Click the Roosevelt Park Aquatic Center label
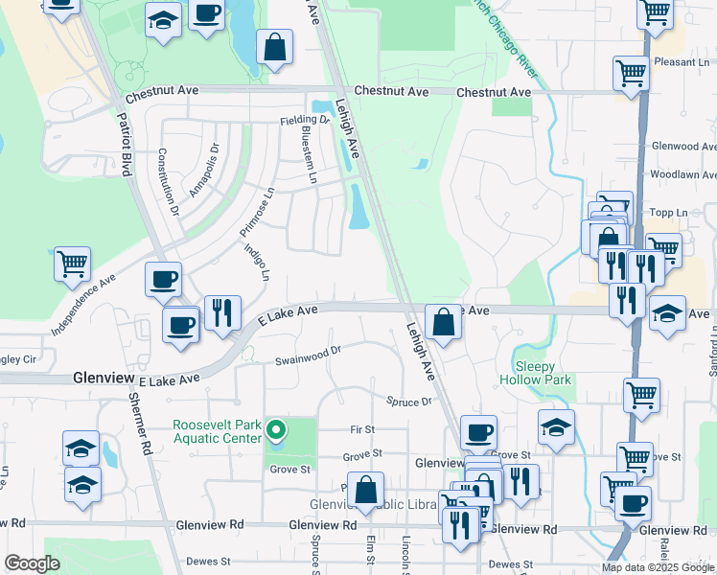click(217, 431)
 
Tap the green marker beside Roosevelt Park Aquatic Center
click(276, 430)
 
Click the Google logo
click(32, 563)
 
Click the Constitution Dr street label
click(168, 179)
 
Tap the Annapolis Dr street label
click(203, 170)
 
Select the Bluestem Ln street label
click(309, 152)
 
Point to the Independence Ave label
click(83, 301)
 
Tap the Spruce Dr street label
click(409, 402)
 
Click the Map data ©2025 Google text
click(657, 567)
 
